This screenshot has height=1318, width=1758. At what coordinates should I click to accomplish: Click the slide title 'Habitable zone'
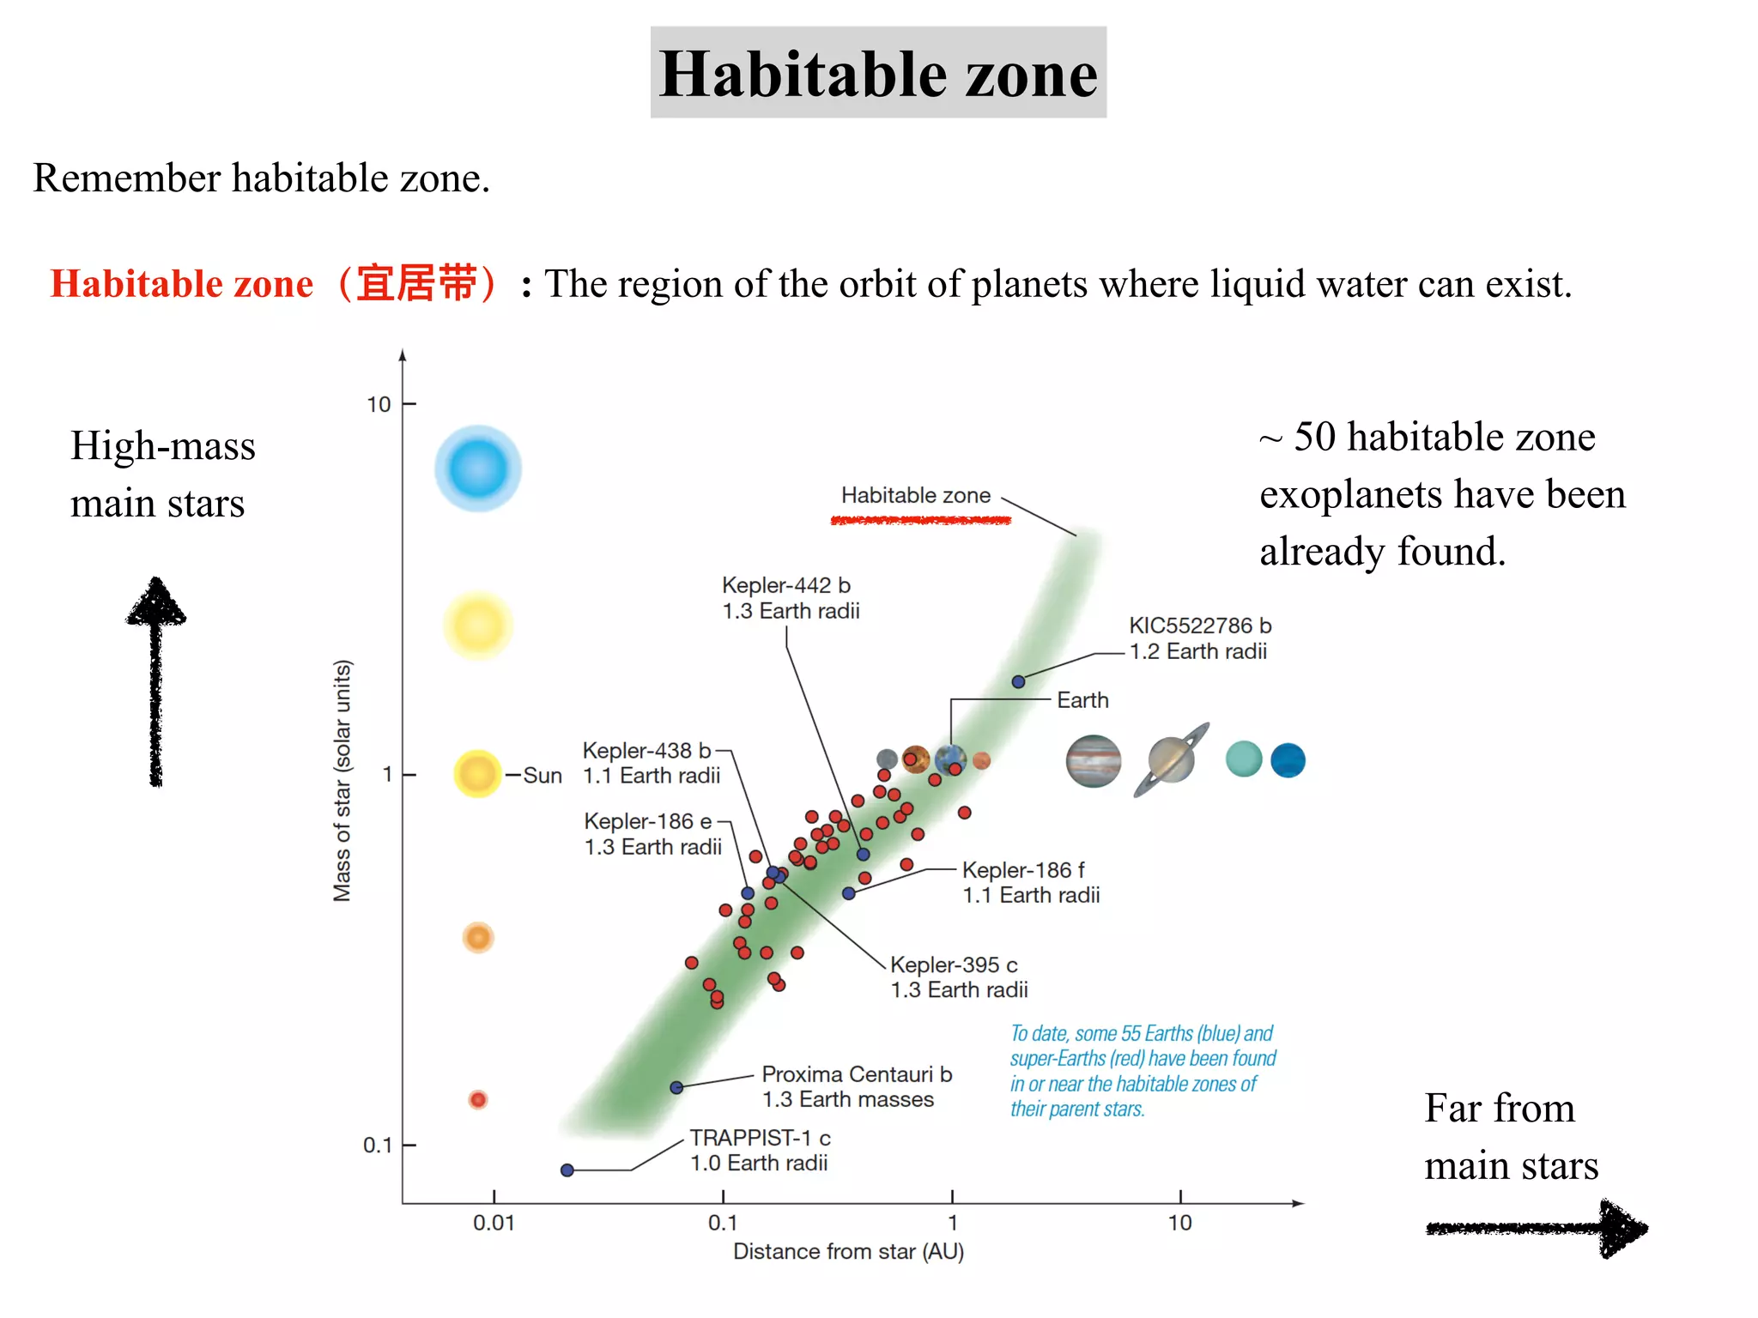point(878,73)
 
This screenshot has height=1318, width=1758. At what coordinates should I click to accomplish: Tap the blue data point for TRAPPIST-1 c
point(567,1170)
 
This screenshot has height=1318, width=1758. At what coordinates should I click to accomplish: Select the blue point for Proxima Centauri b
point(676,1087)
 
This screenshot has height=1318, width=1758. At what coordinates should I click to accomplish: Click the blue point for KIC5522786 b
point(1018,681)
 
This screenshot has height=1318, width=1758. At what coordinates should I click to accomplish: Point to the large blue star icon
point(477,469)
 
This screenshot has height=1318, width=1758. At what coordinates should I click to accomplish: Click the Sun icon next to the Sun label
point(477,773)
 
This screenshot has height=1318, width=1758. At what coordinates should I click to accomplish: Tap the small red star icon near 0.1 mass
point(478,1099)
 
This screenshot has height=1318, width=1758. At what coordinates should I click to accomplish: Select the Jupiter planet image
point(1093,761)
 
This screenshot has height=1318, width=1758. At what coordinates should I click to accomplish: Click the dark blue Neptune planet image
point(1288,760)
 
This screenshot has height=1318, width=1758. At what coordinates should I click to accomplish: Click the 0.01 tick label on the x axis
point(494,1223)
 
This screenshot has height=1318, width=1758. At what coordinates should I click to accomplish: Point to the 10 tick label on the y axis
point(379,404)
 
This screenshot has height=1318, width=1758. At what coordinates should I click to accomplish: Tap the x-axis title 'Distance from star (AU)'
point(848,1252)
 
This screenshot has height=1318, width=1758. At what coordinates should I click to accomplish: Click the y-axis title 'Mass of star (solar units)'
point(342,781)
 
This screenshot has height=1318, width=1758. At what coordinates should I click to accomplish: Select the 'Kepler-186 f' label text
point(1023,870)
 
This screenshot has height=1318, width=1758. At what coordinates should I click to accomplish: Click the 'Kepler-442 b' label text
point(785,585)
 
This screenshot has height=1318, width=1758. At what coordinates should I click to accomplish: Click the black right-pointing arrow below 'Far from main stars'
point(1536,1229)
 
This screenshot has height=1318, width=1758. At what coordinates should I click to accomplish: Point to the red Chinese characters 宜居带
point(415,283)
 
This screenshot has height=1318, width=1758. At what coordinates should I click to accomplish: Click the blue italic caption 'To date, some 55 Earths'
point(1141,1034)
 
